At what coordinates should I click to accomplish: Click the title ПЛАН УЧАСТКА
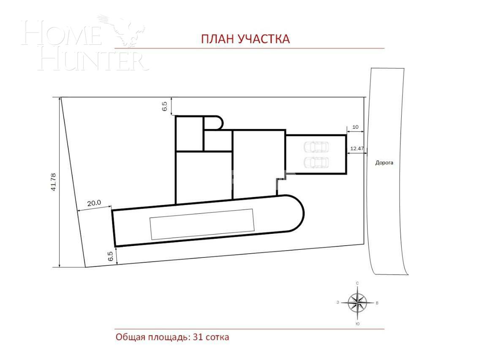click(245, 39)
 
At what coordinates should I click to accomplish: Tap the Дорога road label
click(384, 162)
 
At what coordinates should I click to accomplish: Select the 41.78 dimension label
click(53, 182)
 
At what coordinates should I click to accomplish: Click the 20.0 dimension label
click(94, 203)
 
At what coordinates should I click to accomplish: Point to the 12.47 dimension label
click(357, 149)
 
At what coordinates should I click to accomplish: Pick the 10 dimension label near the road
click(355, 127)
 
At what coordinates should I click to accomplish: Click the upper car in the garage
click(316, 147)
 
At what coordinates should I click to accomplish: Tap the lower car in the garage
click(316, 162)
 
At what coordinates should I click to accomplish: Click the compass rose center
click(357, 303)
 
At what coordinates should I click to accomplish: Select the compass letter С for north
click(357, 283)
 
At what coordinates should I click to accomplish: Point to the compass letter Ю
click(357, 324)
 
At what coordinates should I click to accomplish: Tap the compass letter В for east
click(377, 303)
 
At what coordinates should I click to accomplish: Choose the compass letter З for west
click(338, 302)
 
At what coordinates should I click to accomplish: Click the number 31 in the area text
click(198, 337)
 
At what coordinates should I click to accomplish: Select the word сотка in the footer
click(217, 337)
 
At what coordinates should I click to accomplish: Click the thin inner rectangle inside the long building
click(202, 224)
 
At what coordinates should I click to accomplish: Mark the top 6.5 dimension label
click(165, 106)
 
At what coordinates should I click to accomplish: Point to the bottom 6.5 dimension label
click(111, 256)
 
